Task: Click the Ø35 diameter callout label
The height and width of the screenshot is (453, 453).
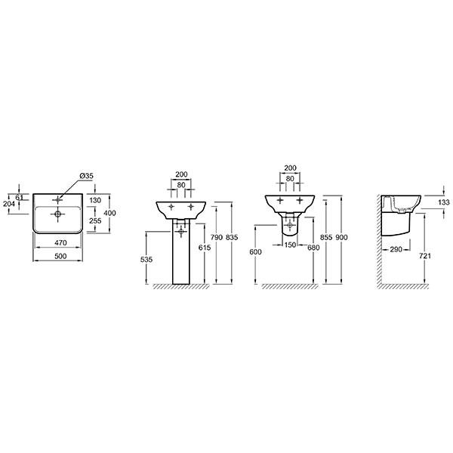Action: [86, 176]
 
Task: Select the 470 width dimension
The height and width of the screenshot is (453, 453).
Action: [60, 242]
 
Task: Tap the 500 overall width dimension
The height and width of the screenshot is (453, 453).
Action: [60, 256]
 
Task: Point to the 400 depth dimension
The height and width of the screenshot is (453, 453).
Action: [109, 213]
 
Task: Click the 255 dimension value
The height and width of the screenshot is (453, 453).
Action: [95, 220]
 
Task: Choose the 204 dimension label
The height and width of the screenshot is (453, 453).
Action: [9, 204]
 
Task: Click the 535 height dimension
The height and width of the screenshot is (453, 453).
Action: [146, 260]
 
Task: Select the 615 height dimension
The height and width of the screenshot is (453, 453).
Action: [205, 248]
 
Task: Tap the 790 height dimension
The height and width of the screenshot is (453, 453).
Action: [217, 237]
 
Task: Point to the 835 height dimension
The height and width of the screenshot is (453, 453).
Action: [232, 237]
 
